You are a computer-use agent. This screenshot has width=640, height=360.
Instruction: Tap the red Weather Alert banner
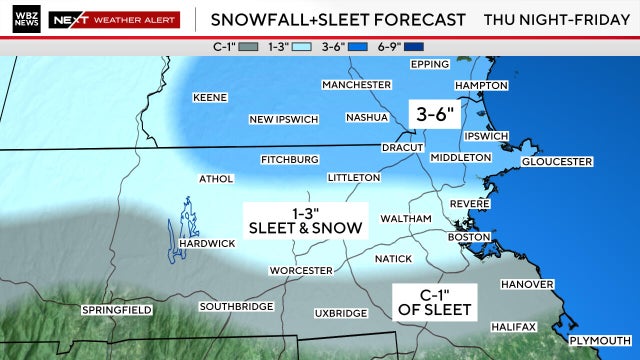click(x=128, y=19)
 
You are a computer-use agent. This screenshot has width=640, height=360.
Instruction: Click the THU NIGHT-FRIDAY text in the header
click(x=556, y=19)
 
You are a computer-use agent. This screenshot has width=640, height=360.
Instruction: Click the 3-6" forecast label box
click(x=437, y=114)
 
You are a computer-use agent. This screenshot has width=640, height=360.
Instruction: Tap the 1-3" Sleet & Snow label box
click(x=305, y=220)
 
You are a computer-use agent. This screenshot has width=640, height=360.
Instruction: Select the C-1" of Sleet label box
click(x=432, y=300)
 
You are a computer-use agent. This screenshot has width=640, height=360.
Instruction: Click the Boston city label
click(x=467, y=237)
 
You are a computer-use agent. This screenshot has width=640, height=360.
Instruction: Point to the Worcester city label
click(x=301, y=270)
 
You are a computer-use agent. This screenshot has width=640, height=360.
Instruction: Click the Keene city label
click(x=210, y=97)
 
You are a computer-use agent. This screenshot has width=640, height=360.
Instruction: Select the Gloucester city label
click(x=557, y=161)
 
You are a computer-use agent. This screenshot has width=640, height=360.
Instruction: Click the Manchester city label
click(x=356, y=85)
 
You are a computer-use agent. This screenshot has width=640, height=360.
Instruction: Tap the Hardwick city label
click(x=206, y=244)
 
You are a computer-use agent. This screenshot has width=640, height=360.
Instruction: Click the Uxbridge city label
click(x=340, y=313)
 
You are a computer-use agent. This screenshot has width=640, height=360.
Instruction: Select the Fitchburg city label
click(x=289, y=159)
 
